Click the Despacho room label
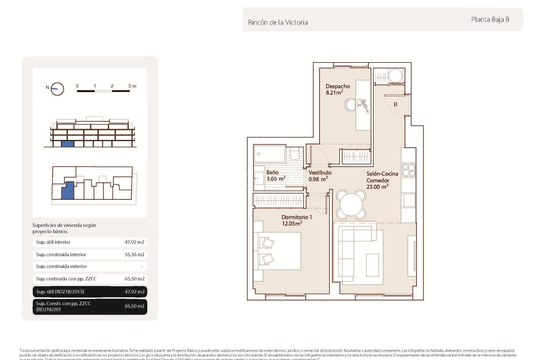coord(337,86)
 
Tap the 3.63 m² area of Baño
coord(276,179)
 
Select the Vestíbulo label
coord(320,173)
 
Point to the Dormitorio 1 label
coord(296,217)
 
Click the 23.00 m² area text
coord(377,187)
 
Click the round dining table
coord(351,205)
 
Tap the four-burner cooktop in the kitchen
coord(408,170)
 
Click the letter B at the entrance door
coord(395,104)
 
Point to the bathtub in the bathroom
coord(270,154)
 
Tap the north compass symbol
coord(57,89)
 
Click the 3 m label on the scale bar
coord(132,86)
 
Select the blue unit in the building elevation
coord(67,144)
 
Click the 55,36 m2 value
coord(134,255)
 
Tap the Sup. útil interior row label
coord(53,242)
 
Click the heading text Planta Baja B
coord(490,19)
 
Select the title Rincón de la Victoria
coord(278,22)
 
